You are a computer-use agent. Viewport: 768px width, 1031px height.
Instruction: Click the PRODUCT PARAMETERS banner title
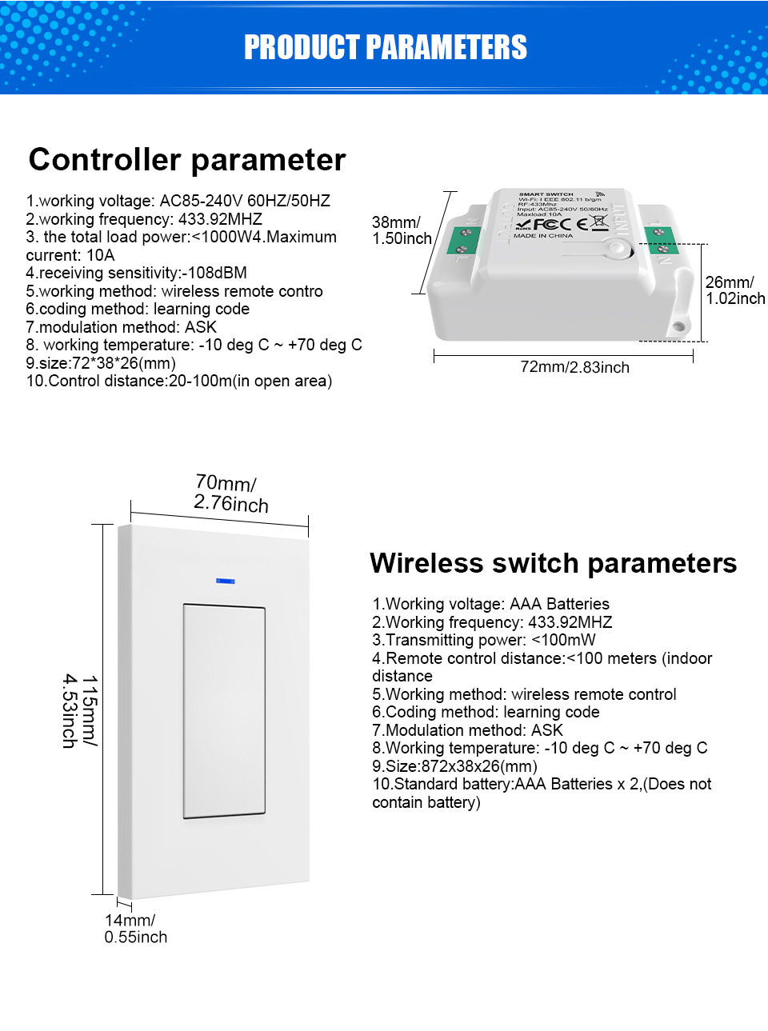tap(385, 48)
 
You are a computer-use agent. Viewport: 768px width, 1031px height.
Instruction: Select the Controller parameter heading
tap(187, 160)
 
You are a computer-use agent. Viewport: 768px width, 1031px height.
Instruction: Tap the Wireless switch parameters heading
tap(553, 563)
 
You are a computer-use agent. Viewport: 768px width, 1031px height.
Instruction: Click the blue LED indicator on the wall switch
tap(225, 581)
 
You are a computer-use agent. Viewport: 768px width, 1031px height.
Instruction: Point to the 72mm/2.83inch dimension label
tap(574, 367)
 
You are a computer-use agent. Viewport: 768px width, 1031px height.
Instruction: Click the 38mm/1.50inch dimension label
tap(401, 230)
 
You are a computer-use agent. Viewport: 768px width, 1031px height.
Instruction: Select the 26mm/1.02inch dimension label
tap(734, 290)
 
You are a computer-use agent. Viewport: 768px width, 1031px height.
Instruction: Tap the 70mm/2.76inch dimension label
tap(230, 494)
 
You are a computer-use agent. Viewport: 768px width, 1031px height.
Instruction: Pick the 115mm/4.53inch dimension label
tap(80, 711)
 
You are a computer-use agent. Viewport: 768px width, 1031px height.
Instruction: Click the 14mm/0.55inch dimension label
tap(135, 929)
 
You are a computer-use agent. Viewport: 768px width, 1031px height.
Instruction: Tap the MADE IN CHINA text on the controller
tap(543, 236)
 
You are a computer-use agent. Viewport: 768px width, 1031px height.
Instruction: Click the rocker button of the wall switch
tap(224, 711)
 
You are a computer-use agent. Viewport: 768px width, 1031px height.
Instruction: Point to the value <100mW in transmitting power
tap(563, 640)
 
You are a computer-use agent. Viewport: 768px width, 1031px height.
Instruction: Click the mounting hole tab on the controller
tap(679, 324)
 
